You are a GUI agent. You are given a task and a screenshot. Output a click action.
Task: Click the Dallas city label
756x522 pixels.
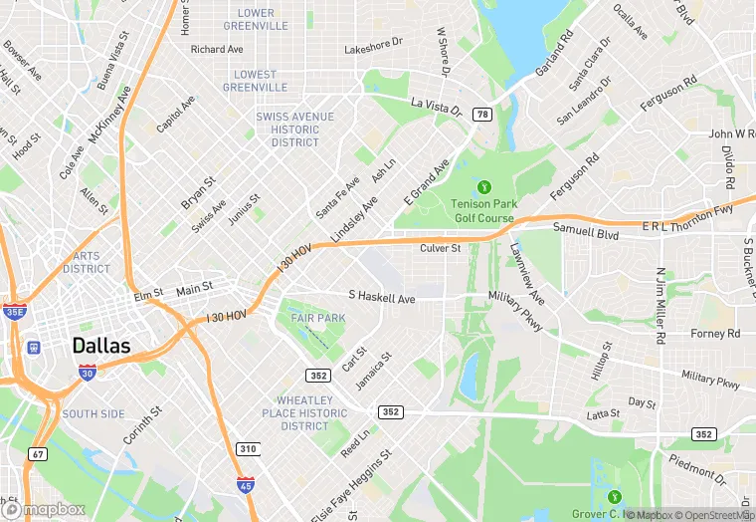tap(101, 346)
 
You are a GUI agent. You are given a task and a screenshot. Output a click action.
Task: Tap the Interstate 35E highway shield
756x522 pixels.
tap(14, 312)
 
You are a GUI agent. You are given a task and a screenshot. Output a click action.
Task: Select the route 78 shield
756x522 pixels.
tap(481, 115)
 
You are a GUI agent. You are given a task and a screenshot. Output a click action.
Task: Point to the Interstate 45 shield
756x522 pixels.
tap(246, 484)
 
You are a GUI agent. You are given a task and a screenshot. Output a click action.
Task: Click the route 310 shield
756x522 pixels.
tap(248, 449)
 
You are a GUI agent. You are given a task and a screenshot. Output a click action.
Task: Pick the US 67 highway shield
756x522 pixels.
tap(38, 453)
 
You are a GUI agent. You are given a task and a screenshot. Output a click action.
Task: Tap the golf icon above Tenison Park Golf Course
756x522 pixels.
tap(484, 186)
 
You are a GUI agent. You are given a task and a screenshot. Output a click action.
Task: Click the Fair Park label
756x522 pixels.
tap(317, 318)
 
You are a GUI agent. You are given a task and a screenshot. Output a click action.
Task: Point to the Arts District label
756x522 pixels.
tap(87, 262)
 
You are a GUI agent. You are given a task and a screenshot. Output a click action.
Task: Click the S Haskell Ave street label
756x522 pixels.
tap(381, 297)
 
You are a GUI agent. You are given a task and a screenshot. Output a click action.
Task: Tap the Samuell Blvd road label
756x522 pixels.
tap(586, 233)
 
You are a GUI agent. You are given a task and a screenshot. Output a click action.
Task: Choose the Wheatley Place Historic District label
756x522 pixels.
tap(304, 413)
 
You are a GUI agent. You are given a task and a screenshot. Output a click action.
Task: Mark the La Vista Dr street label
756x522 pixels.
tap(436, 106)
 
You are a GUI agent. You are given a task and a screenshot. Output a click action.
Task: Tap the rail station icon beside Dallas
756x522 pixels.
tap(34, 348)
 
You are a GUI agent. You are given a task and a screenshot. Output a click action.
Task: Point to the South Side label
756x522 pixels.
tap(94, 413)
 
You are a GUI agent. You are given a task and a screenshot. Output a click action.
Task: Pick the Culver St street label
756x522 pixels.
tap(440, 248)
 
